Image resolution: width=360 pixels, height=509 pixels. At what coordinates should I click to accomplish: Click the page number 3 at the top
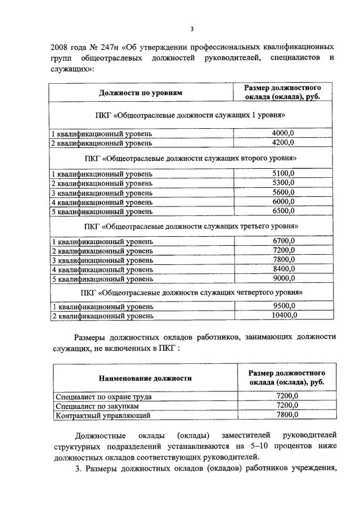coord(192,29)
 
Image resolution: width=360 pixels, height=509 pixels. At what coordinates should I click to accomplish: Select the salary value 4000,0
coord(283,133)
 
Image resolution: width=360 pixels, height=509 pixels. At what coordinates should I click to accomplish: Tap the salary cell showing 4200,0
coord(283,142)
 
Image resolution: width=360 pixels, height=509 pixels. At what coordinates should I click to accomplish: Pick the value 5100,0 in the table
coord(283,173)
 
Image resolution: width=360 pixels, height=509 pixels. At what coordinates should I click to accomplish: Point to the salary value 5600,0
coord(283,192)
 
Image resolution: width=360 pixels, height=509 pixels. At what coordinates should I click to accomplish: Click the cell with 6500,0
coord(283,211)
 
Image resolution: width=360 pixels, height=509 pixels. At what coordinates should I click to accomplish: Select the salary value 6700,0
coord(283,241)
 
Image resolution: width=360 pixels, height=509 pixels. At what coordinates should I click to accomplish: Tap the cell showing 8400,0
coord(283,269)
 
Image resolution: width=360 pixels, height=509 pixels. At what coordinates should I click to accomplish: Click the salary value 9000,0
coord(283,278)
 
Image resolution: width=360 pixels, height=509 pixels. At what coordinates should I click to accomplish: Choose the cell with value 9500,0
coord(283,307)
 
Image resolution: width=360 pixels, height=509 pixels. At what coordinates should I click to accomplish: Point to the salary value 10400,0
coord(283,316)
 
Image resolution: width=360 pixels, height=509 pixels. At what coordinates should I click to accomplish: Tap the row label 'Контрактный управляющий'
coord(102,416)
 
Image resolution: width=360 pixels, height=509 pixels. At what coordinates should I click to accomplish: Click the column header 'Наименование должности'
coord(146,378)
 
